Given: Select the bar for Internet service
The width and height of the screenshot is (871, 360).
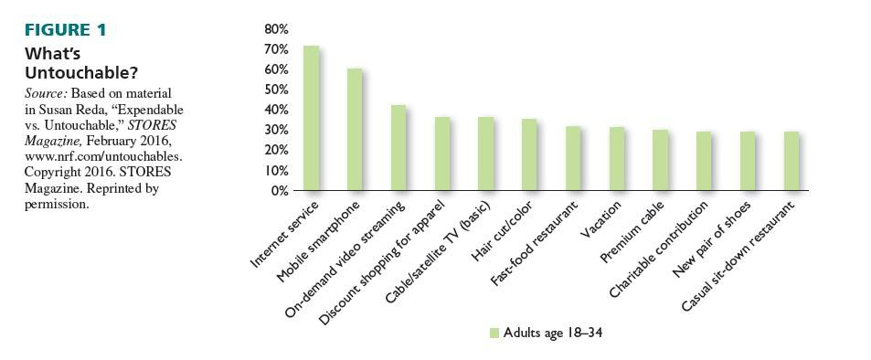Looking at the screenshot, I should (311, 119).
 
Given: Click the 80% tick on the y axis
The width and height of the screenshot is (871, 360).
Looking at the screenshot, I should (276, 29).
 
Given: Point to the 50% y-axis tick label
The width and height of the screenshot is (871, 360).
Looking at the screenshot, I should (276, 90).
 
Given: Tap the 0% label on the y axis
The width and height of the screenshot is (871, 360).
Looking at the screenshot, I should (280, 191).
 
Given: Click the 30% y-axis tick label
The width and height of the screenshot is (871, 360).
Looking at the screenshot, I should (276, 130).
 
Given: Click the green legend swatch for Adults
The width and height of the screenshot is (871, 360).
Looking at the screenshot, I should (494, 333).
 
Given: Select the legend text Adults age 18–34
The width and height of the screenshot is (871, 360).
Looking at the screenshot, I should (553, 333).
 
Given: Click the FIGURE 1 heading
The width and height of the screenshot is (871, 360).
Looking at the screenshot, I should (66, 30).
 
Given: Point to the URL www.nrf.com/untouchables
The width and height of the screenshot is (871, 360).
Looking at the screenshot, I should (97, 156).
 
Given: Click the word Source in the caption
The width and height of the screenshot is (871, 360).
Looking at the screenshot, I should (43, 94).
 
